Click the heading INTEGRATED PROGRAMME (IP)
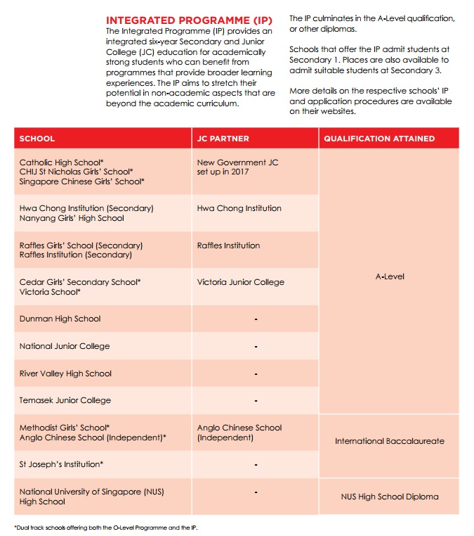pos(189,20)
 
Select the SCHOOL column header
pos(37,139)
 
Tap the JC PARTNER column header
pos(223,139)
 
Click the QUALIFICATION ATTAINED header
pos(379,139)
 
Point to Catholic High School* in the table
pos(62,162)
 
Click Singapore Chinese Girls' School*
pos(82,181)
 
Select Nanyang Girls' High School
pos(72,218)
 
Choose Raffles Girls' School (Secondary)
pos(81,245)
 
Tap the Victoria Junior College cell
pos(241,282)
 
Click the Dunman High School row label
pos(60,319)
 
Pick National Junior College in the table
pos(65,346)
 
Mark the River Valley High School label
pos(65,374)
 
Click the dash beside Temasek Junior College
pos(256,401)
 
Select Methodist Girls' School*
pos(65,428)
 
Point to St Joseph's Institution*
pos(62,464)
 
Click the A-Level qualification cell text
pos(390,277)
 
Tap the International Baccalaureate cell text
pos(389,442)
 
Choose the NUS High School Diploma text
pos(389,497)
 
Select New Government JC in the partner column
pos(237,162)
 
